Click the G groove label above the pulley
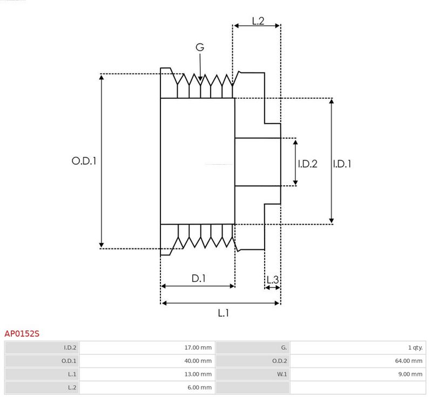coord(200,48)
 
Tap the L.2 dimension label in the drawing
coord(258,21)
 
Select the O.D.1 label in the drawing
coord(84,161)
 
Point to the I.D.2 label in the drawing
coord(307,164)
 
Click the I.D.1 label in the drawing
coord(342,164)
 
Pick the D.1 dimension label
coord(198,279)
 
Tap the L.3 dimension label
coord(273,280)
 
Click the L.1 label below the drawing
coord(224,313)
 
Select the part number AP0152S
coord(22,334)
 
